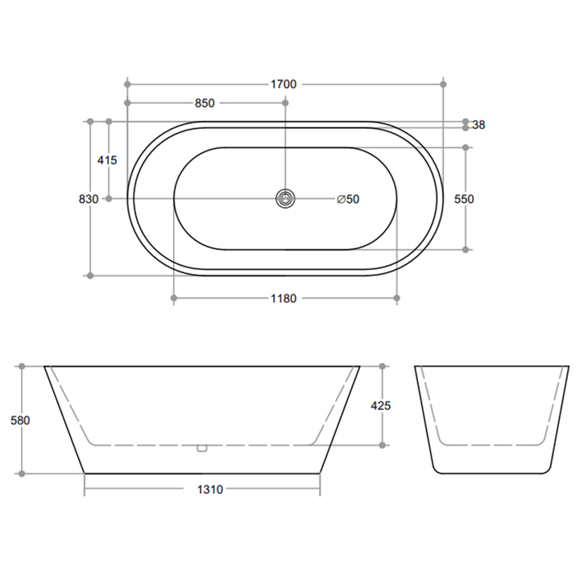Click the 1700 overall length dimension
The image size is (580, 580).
[x=284, y=85]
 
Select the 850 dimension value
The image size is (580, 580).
[x=205, y=103]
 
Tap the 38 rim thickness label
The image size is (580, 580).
[x=478, y=125]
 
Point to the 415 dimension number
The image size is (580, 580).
[x=107, y=160]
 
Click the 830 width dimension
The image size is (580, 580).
[x=89, y=200]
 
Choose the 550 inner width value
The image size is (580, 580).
[x=464, y=200]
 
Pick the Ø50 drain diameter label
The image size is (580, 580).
[x=348, y=200]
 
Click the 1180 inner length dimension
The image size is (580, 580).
[x=284, y=299]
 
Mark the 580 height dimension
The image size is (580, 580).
[x=20, y=420]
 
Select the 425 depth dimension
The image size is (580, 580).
[x=380, y=406]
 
